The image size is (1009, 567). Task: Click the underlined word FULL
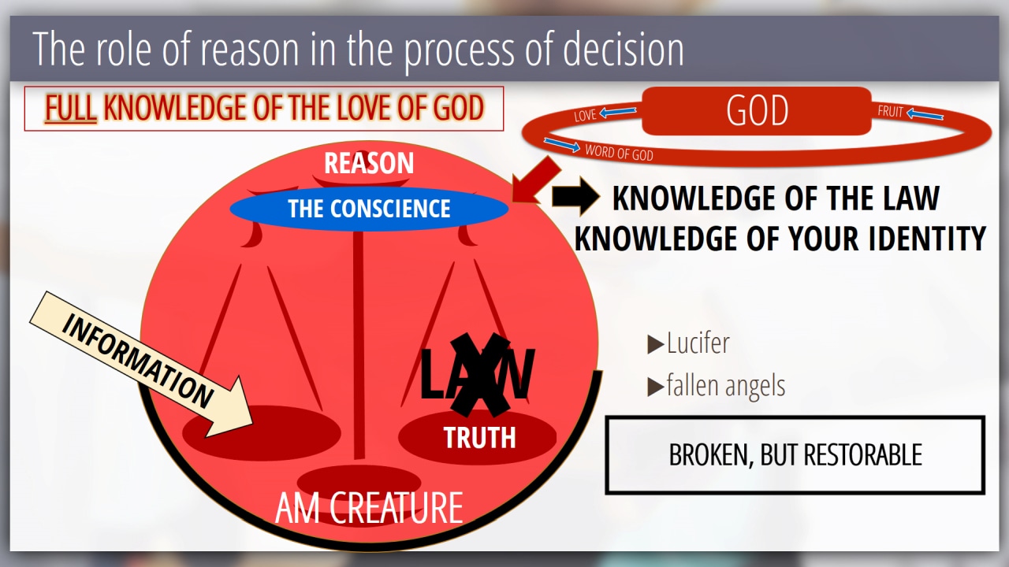(70, 109)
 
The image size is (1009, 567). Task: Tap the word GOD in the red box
(758, 111)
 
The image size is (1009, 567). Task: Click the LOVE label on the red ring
(585, 116)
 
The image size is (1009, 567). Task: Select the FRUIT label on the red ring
(890, 111)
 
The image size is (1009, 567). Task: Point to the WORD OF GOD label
(619, 153)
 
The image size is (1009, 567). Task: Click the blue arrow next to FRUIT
(925, 115)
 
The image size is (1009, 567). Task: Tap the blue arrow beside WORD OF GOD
(562, 145)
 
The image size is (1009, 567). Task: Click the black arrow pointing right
(575, 196)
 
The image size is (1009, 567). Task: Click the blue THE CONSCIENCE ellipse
(369, 209)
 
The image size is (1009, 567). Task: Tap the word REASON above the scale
(369, 163)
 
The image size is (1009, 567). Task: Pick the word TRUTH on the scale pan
(480, 437)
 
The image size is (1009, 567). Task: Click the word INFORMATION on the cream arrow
(137, 361)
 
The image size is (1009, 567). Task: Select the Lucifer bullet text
(698, 343)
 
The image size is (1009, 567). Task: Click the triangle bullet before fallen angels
(655, 387)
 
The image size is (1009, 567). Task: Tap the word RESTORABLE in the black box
(863, 455)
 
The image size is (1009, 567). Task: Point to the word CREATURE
(396, 508)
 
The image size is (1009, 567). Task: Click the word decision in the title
(624, 49)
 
